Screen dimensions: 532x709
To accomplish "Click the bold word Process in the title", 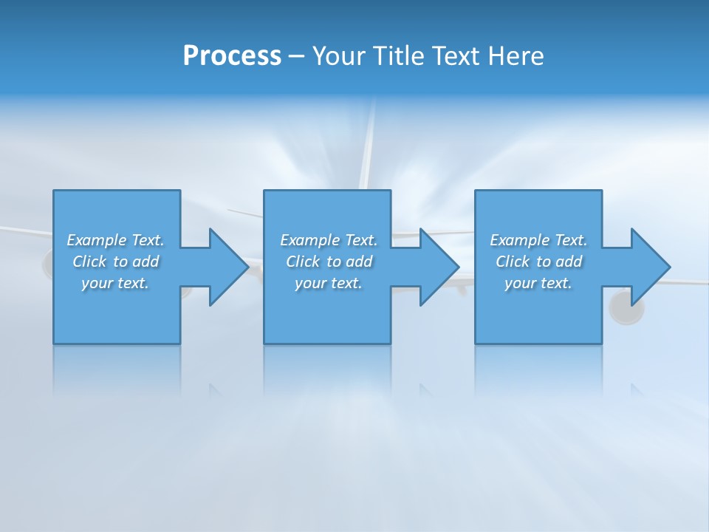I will [x=232, y=56].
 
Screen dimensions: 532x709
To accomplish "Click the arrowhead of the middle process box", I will [x=438, y=267].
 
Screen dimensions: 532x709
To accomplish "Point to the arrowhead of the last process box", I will [x=649, y=267].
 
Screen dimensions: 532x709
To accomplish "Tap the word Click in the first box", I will [x=89, y=262].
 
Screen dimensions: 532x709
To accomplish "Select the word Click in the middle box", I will [x=303, y=262].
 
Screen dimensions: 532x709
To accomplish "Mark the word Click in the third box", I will [x=513, y=262].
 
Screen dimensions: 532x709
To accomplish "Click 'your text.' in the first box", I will [x=115, y=283].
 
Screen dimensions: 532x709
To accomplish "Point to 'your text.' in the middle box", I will [x=329, y=283].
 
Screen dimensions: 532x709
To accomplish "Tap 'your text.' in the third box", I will [x=538, y=283].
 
